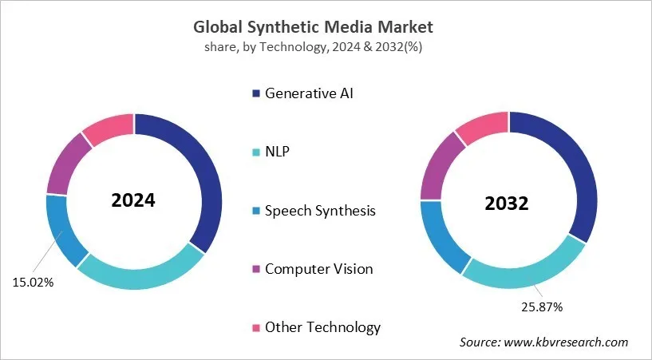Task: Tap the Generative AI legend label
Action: pyautogui.click(x=308, y=93)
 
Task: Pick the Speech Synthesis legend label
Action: pyautogui.click(x=320, y=211)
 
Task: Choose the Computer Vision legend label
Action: pyautogui.click(x=318, y=269)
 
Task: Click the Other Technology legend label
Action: pyautogui.click(x=322, y=327)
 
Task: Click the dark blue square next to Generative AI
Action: pyautogui.click(x=255, y=93)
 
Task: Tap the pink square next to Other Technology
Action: pyautogui.click(x=255, y=327)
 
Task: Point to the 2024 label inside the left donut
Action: pyautogui.click(x=133, y=200)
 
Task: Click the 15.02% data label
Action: pyautogui.click(x=33, y=282)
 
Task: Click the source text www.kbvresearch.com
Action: pyautogui.click(x=543, y=342)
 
